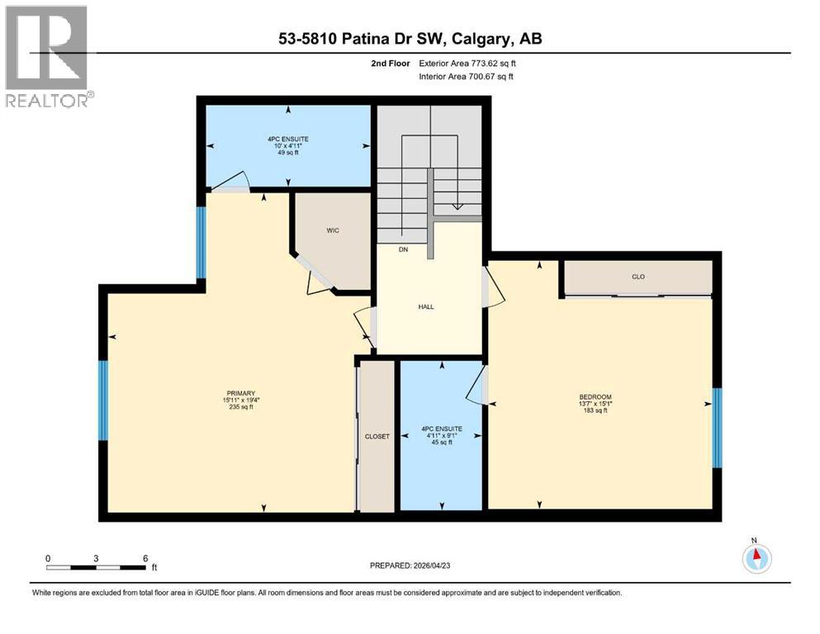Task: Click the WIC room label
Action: tap(333, 230)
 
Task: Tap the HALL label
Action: tap(426, 306)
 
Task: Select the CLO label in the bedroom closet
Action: tap(638, 277)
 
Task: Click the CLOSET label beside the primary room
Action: tap(377, 436)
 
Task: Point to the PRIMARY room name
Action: tap(241, 393)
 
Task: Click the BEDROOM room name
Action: tap(595, 397)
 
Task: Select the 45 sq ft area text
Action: tap(440, 442)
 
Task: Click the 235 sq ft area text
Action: tap(241, 407)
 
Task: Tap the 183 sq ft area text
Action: tap(595, 410)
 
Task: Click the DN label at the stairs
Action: tap(402, 248)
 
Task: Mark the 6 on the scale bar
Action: tap(145, 558)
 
